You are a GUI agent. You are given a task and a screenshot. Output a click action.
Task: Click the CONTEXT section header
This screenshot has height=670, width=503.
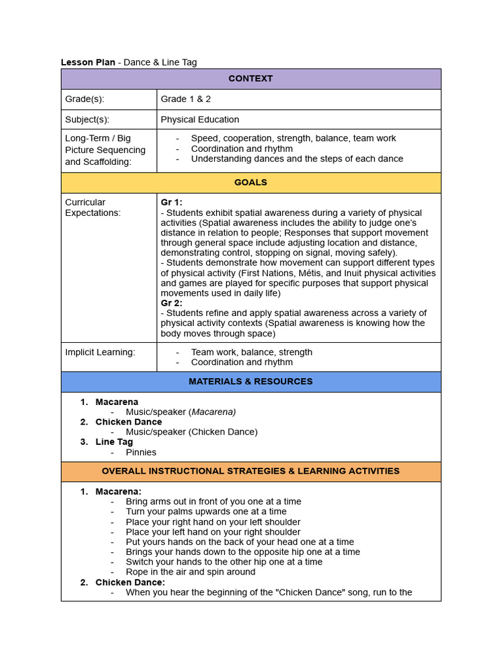pyautogui.click(x=250, y=79)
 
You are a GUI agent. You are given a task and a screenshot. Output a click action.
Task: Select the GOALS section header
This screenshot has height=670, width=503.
pyautogui.click(x=250, y=183)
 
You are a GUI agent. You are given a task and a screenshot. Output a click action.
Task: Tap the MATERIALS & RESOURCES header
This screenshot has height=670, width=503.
pyautogui.click(x=250, y=381)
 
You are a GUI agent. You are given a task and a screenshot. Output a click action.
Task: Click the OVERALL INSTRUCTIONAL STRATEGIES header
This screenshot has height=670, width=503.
pyautogui.click(x=250, y=471)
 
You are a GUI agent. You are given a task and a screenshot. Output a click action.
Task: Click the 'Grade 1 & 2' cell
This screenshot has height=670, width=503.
pyautogui.click(x=186, y=99)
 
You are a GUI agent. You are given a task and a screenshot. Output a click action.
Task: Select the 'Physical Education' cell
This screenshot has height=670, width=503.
pyautogui.click(x=200, y=120)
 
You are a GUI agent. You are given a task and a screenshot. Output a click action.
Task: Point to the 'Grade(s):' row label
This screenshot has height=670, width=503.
pyautogui.click(x=84, y=99)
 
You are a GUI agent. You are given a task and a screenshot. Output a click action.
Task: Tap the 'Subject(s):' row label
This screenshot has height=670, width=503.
pyautogui.click(x=87, y=120)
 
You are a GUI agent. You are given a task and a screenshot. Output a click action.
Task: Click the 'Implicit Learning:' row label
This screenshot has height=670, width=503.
pyautogui.click(x=100, y=352)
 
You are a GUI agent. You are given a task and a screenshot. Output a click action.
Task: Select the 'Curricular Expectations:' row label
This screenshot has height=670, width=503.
pyautogui.click(x=93, y=207)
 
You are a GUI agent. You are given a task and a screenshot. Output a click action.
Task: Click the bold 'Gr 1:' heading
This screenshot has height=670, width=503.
pyautogui.click(x=172, y=203)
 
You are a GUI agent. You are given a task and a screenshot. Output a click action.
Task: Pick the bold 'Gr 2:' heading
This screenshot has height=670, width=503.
pyautogui.click(x=172, y=303)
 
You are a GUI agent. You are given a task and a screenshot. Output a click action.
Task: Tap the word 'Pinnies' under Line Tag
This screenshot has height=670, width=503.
pyautogui.click(x=141, y=452)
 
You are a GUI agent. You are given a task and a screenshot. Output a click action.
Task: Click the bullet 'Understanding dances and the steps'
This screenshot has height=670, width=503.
pyautogui.click(x=297, y=159)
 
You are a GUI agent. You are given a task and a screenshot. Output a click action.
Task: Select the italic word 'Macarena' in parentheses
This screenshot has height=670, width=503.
pyautogui.click(x=214, y=412)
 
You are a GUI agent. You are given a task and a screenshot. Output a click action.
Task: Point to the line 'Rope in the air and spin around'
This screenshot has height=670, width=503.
pyautogui.click(x=191, y=572)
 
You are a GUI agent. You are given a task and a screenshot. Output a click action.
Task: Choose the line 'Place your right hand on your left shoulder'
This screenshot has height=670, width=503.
pyautogui.click(x=213, y=522)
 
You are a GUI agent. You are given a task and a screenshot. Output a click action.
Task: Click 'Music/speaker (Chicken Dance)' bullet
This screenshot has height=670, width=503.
pyautogui.click(x=191, y=432)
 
